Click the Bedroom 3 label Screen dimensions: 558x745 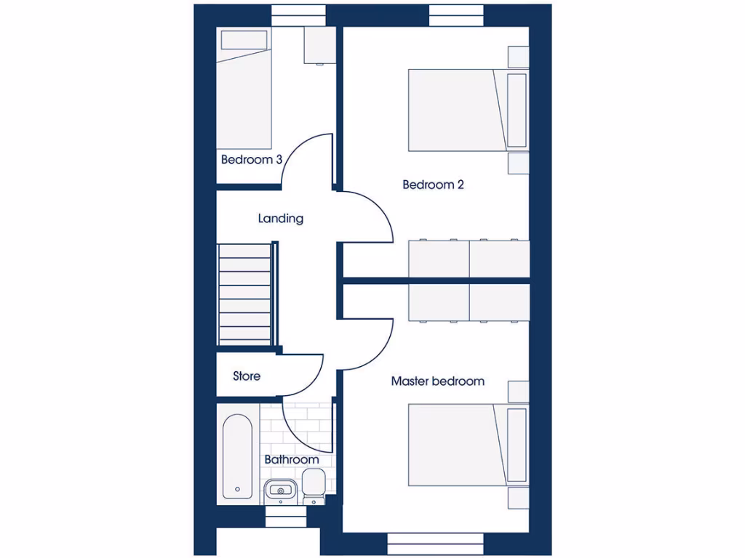[251, 159]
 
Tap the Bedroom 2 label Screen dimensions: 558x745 [433, 185]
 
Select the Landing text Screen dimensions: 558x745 [280, 218]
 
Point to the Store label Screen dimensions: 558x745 [247, 376]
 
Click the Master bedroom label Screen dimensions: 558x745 [437, 381]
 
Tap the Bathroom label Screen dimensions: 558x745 [291, 460]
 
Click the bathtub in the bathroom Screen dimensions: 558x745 [237, 456]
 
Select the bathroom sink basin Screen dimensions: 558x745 [279, 490]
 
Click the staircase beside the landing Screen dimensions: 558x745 [246, 294]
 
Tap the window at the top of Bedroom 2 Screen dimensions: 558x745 [456, 15]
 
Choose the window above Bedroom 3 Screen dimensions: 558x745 [298, 15]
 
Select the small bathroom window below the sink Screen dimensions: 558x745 [286, 517]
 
